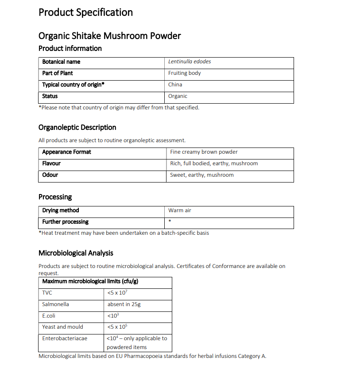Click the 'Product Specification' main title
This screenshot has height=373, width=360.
click(85, 12)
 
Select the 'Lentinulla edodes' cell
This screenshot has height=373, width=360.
click(190, 62)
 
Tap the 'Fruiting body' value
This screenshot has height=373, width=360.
click(184, 73)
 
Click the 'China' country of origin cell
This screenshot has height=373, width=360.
click(175, 85)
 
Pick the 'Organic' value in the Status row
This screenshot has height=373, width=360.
click(178, 96)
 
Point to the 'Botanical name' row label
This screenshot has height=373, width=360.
click(61, 62)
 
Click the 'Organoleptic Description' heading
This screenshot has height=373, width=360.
click(77, 128)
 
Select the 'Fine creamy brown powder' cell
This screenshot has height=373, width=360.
click(204, 152)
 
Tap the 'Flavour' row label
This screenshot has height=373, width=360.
click(51, 163)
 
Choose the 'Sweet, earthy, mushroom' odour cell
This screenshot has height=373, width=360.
click(201, 175)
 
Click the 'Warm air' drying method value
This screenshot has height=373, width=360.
click(180, 210)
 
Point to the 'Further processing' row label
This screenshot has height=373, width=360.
click(65, 222)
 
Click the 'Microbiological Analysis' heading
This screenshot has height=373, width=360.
click(76, 253)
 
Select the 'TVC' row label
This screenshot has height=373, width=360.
click(47, 293)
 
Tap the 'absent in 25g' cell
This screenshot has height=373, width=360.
click(124, 304)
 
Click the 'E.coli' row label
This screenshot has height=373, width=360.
click(49, 316)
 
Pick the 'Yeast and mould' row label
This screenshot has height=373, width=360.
click(62, 327)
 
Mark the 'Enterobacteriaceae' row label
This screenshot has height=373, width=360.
click(65, 338)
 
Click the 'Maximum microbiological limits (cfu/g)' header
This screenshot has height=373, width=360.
click(92, 281)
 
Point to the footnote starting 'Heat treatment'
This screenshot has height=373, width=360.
click(124, 233)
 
